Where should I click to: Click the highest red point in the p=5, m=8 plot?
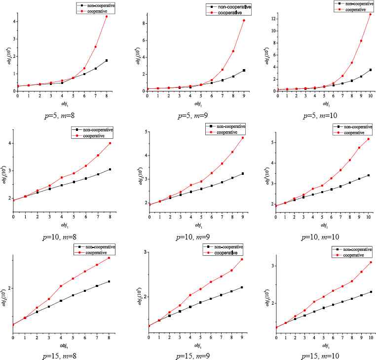pyautogui.click(x=106, y=17)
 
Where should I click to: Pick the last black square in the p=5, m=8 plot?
pyautogui.click(x=106, y=61)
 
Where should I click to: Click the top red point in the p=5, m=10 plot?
pyautogui.click(x=370, y=14)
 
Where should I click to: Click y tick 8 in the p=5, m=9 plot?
pyautogui.click(x=143, y=23)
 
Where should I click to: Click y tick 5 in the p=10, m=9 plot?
pyautogui.click(x=144, y=132)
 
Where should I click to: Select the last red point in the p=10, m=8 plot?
pyautogui.click(x=110, y=143)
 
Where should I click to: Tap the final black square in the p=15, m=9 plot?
pyautogui.click(x=242, y=287)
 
